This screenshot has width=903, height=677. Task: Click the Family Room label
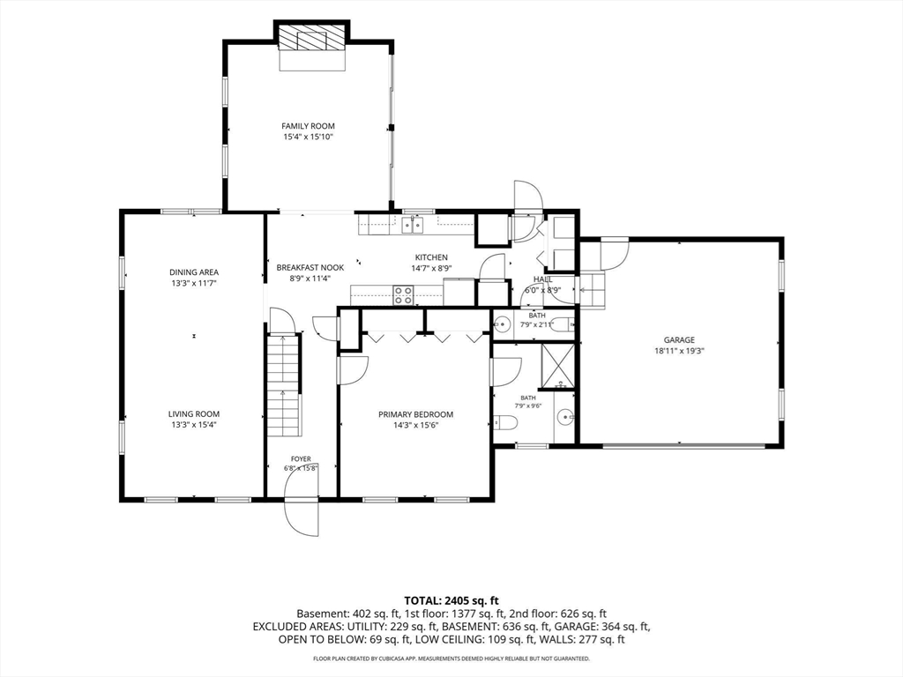coord(308,126)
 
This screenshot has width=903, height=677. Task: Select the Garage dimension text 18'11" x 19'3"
coord(679,351)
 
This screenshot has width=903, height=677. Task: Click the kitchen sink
coord(413,225)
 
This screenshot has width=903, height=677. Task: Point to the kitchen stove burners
coord(402,294)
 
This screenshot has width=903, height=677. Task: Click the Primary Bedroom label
coord(416,414)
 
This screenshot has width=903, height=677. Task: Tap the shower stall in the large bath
coord(558,366)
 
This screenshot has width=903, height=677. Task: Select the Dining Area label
coord(194,272)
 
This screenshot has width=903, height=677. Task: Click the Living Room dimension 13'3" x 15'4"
coord(194,425)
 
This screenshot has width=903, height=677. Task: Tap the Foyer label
coord(301,458)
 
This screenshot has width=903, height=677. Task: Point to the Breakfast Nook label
coord(310,268)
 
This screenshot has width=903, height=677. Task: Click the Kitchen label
coord(431,257)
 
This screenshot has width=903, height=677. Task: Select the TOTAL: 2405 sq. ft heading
coord(451,601)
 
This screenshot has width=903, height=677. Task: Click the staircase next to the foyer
coord(284,385)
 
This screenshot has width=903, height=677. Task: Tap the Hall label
coord(542,279)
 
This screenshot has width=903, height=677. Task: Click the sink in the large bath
coord(565,416)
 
